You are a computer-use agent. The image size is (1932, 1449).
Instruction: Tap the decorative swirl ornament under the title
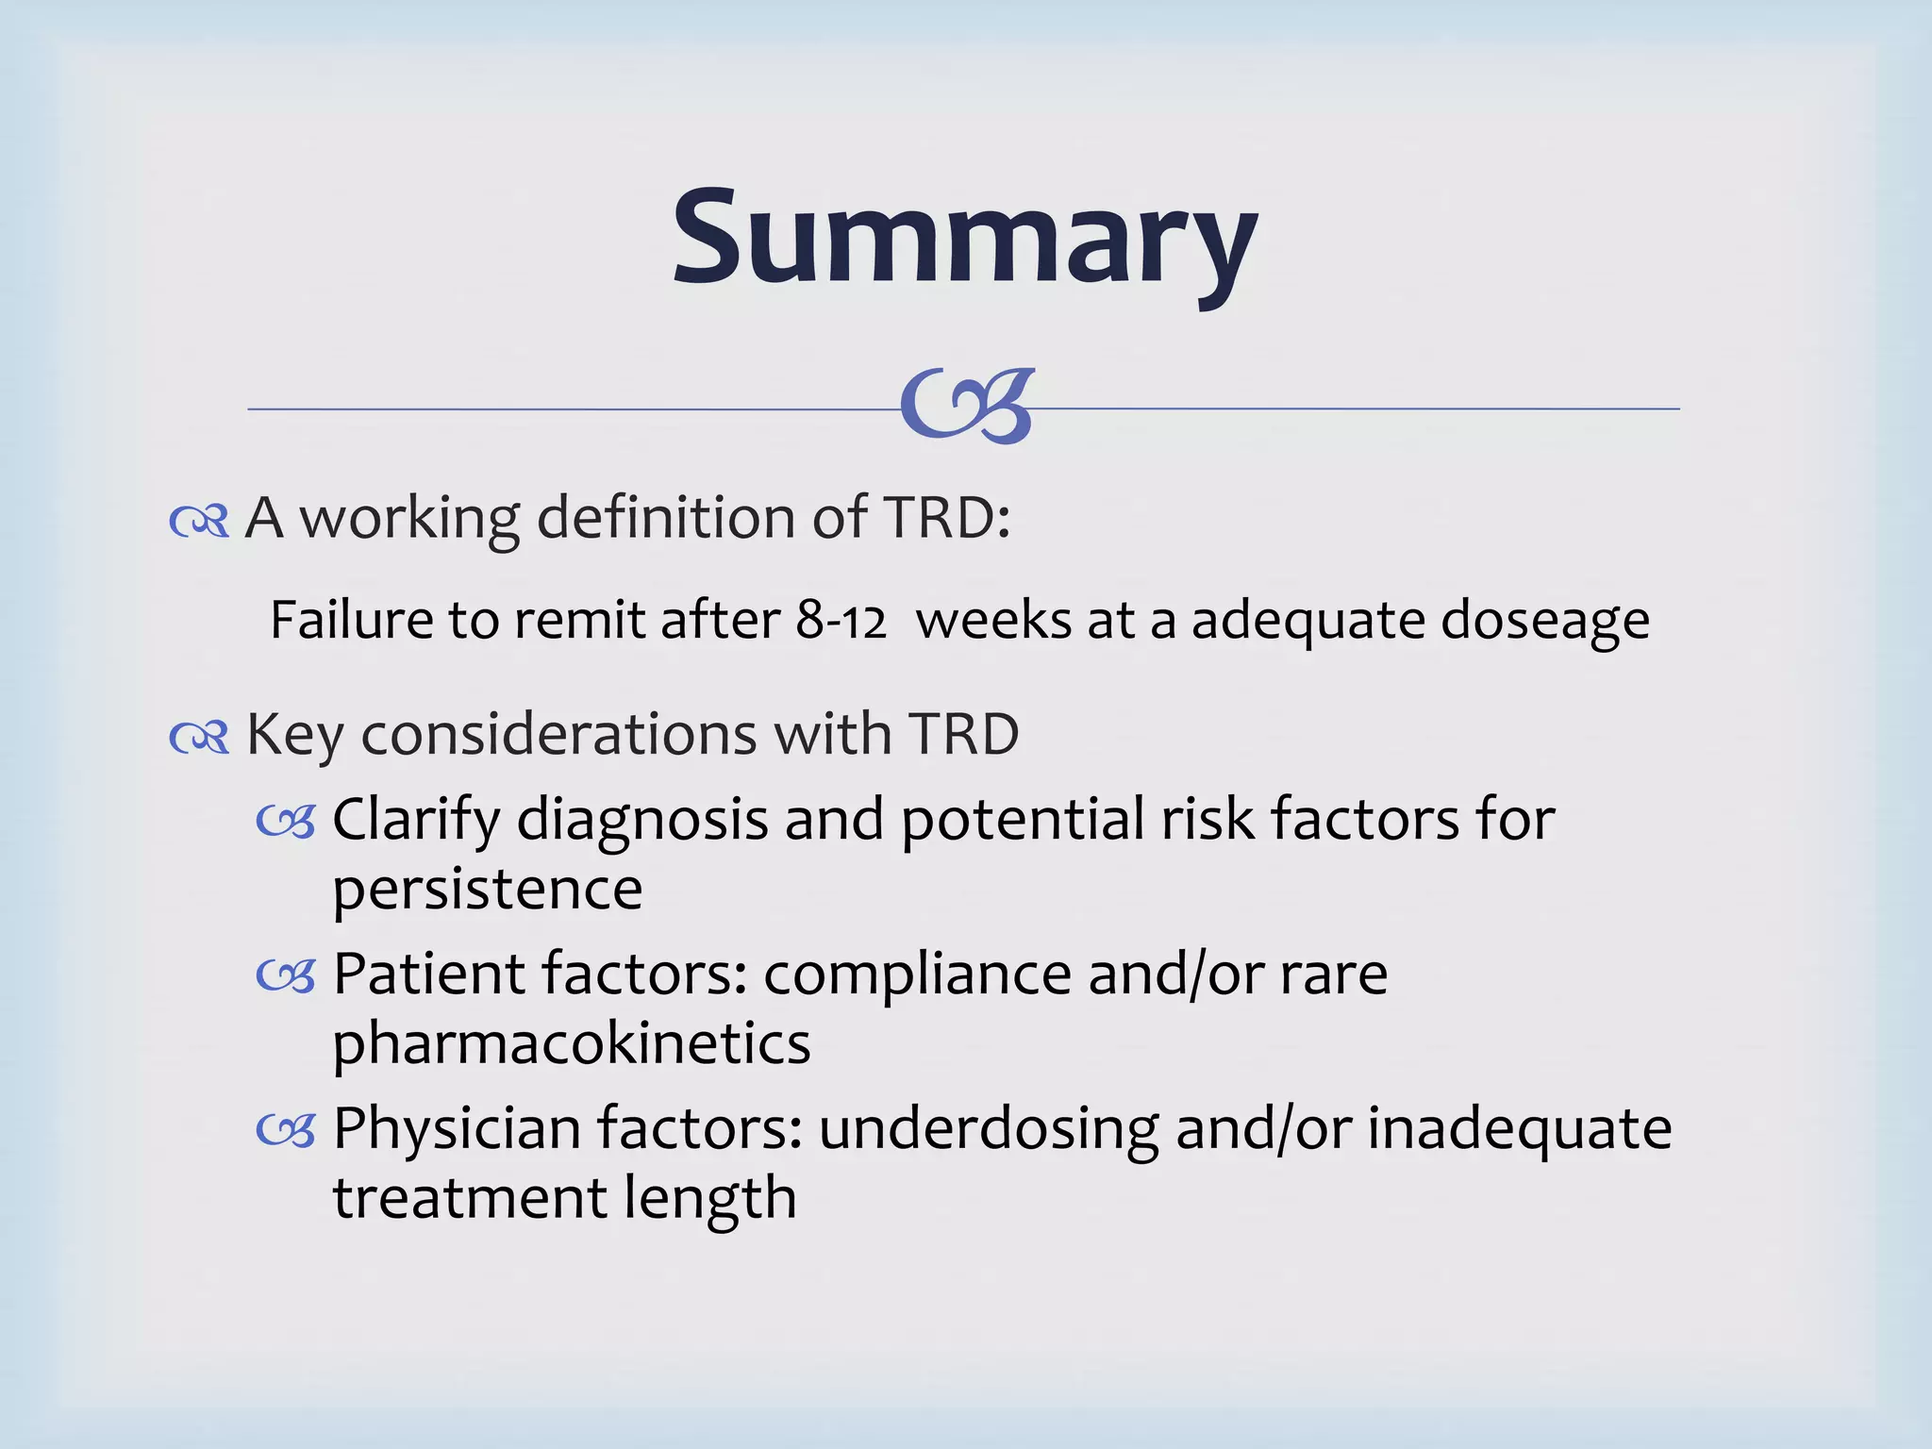(968, 407)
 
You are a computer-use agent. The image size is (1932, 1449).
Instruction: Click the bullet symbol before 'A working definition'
(199, 521)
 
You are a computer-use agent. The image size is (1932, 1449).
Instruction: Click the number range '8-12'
(841, 621)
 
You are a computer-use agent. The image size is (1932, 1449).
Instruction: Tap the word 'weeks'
(993, 621)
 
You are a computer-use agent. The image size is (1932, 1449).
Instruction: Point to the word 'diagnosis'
(642, 820)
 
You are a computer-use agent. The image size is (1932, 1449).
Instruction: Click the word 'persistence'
(487, 889)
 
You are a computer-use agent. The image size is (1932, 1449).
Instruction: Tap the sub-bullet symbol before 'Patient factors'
(285, 977)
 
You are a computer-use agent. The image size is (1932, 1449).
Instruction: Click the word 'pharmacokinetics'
(571, 1044)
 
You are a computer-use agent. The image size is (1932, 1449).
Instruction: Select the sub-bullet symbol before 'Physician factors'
(285, 1131)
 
